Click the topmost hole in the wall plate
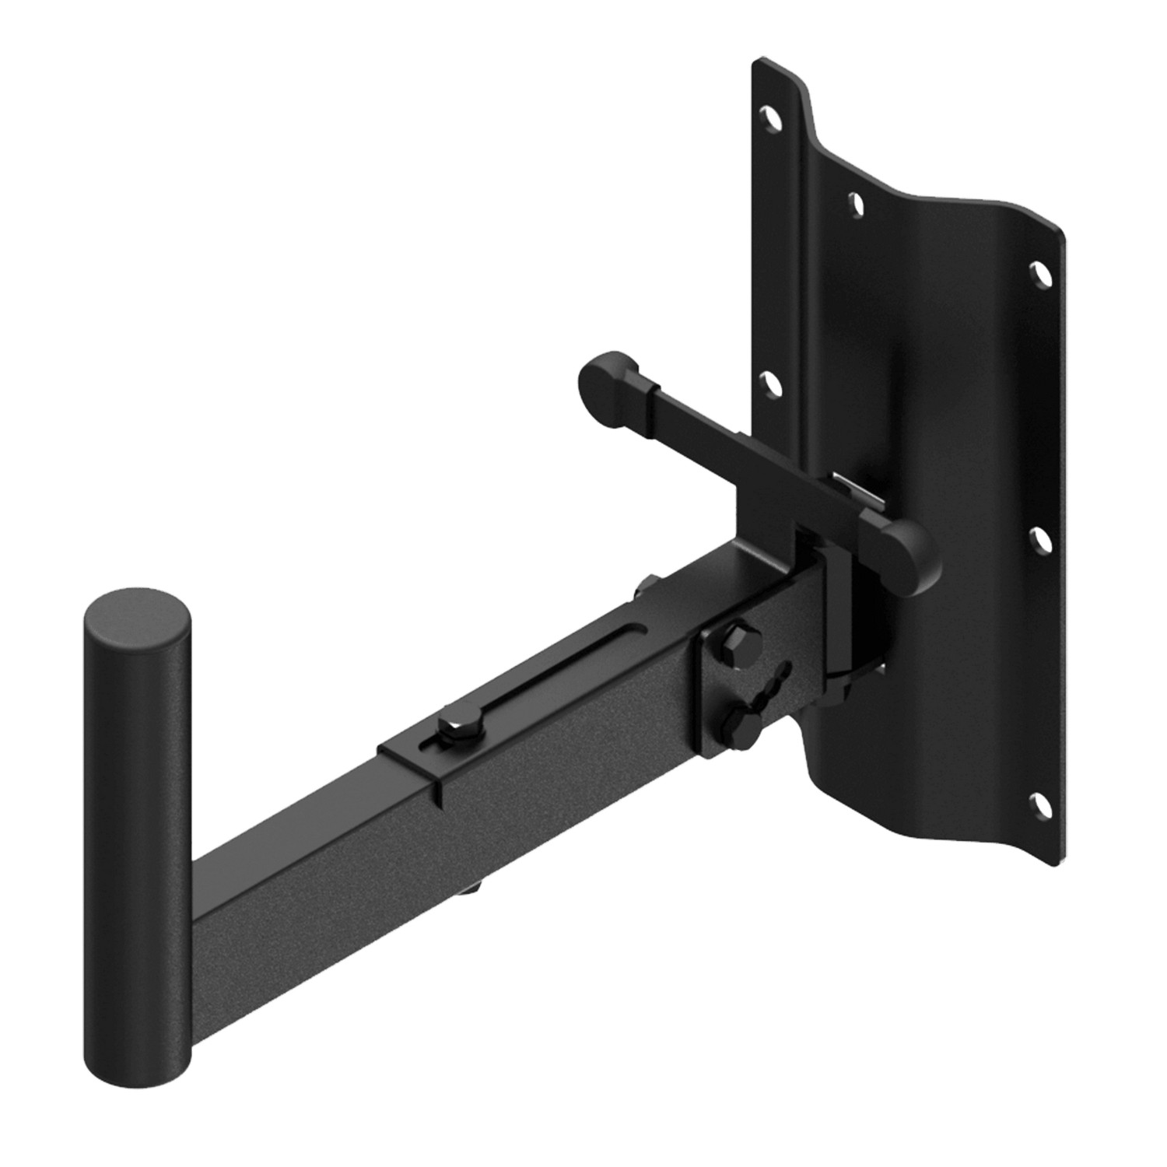click(771, 117)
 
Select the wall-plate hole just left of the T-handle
click(769, 384)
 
